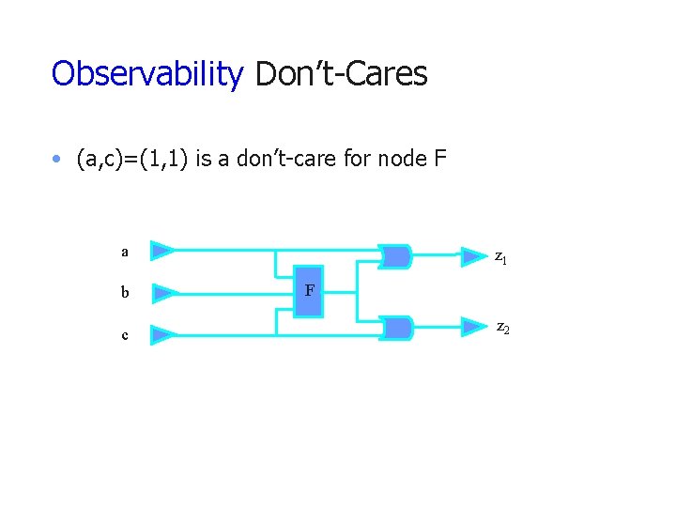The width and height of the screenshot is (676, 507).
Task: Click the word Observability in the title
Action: (x=147, y=74)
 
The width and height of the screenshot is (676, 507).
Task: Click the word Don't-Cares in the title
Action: (x=341, y=74)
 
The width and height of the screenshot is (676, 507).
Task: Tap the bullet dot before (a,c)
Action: (x=58, y=160)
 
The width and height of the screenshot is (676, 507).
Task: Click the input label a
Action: (x=124, y=252)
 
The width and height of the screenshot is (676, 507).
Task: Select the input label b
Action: (x=124, y=293)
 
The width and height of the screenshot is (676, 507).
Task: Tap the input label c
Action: (x=124, y=334)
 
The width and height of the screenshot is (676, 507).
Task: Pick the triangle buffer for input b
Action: (x=162, y=293)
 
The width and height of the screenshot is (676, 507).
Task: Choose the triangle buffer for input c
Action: (x=162, y=334)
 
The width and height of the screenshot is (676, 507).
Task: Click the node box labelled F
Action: (x=308, y=291)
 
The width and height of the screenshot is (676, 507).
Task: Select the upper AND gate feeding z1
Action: (x=397, y=255)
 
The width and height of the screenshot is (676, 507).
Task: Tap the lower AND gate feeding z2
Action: (x=397, y=328)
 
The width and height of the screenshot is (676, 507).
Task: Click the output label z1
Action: (x=501, y=256)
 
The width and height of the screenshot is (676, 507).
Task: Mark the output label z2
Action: (x=503, y=328)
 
